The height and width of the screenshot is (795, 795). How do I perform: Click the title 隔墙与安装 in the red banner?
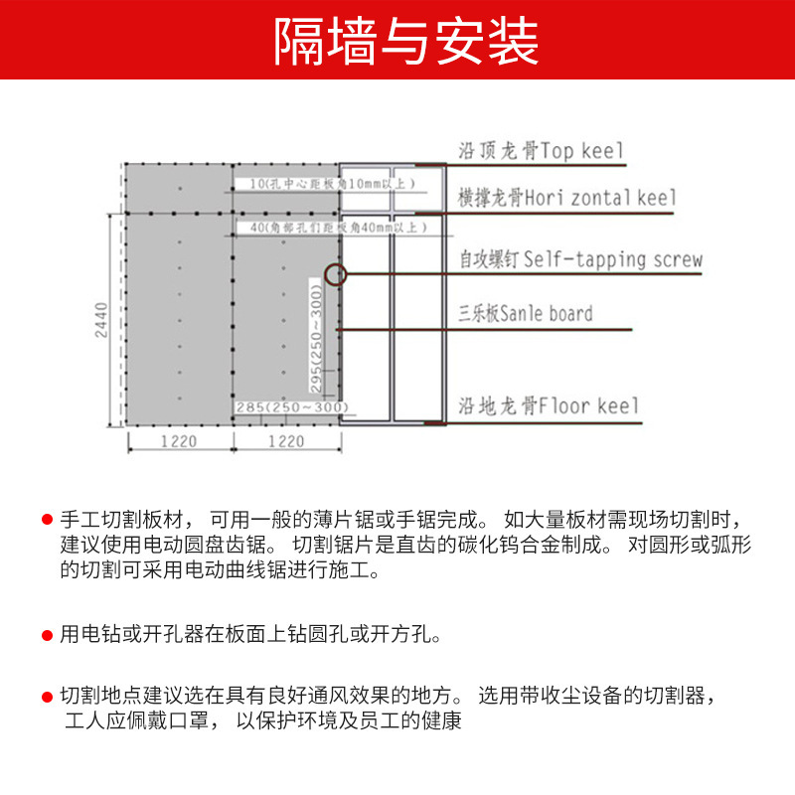pos(397,42)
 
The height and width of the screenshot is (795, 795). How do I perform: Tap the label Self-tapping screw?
pos(612,260)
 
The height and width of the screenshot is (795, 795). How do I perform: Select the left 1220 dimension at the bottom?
pos(179,440)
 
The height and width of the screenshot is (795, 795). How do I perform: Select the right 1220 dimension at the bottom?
pos(286,440)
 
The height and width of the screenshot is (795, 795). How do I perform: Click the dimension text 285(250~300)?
pos(292,406)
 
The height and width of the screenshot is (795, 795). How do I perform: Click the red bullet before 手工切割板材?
pos(47,520)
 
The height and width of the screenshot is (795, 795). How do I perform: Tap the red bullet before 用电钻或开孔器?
pos(47,633)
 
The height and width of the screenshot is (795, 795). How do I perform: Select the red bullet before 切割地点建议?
pos(47,696)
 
